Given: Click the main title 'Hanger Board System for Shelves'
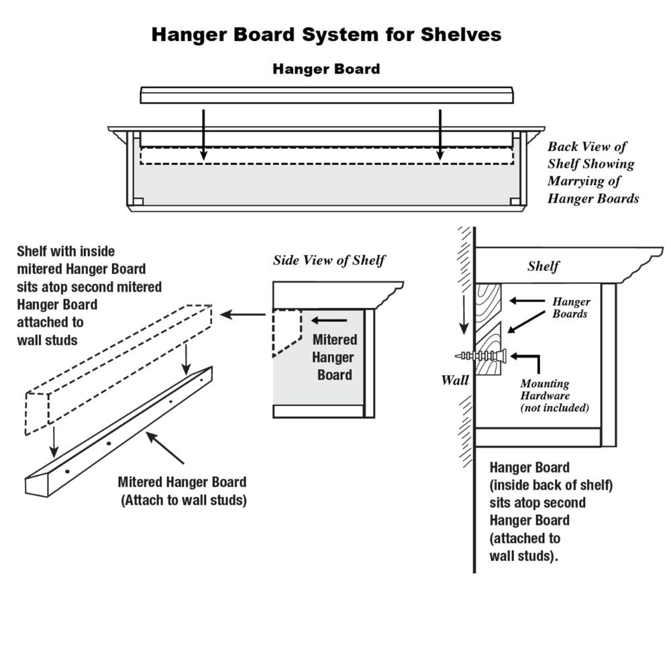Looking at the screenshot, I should click(x=326, y=35).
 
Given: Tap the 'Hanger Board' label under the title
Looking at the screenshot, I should click(x=326, y=69).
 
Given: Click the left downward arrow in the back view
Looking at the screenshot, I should click(x=204, y=134).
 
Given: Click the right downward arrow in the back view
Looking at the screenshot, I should click(x=440, y=134).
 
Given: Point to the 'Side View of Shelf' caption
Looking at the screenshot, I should click(x=329, y=260).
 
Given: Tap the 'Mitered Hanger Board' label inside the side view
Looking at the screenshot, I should click(x=334, y=357).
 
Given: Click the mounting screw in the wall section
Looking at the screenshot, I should click(x=479, y=355).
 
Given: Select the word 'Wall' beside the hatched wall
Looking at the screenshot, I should click(x=454, y=380).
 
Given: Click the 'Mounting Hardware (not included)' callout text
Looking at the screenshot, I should click(x=554, y=395).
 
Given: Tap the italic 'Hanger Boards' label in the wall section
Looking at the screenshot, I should click(x=570, y=307).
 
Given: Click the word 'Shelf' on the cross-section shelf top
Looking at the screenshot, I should click(x=543, y=266).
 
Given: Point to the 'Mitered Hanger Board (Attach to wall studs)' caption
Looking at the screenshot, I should click(x=183, y=491).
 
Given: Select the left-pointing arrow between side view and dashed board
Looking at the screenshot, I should click(x=243, y=314).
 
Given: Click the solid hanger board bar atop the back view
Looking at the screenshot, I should click(x=327, y=95).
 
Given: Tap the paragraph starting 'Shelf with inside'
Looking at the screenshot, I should click(x=89, y=295).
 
